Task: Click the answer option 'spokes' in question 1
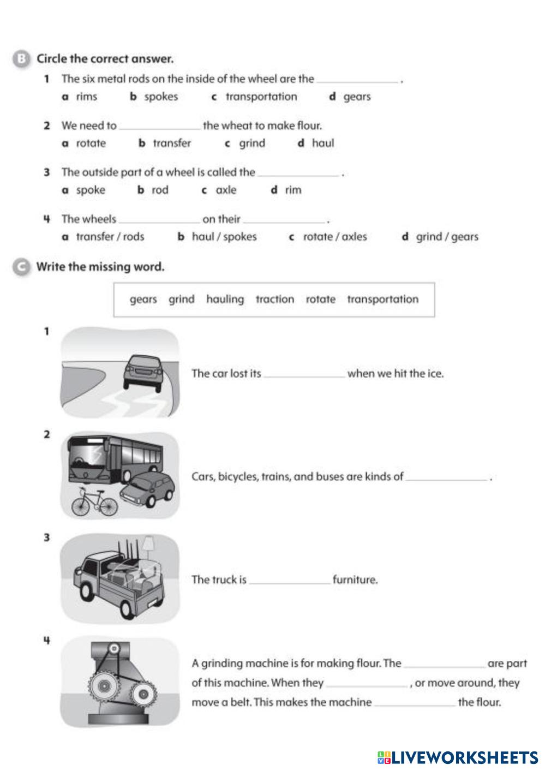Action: click(161, 97)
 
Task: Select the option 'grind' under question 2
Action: click(251, 144)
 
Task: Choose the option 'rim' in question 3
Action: click(293, 190)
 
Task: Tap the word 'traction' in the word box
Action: click(274, 299)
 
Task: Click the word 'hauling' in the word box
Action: click(225, 299)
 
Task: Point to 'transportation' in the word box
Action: click(382, 299)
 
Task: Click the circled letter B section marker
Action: click(21, 59)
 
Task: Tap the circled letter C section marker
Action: click(21, 267)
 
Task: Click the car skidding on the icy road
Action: click(143, 372)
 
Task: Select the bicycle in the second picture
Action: click(94, 503)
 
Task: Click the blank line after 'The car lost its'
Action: click(304, 374)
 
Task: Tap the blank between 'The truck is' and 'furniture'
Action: click(289, 581)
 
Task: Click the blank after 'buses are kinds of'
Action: click(446, 477)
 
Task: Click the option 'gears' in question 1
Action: click(357, 97)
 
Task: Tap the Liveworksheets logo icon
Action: click(384, 757)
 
